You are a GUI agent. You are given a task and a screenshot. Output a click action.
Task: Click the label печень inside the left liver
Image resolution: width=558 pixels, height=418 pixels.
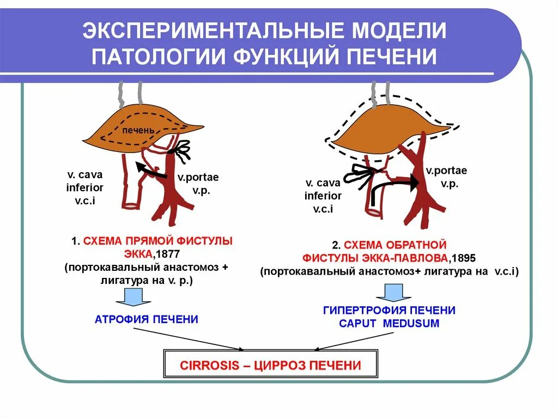coord(138,131)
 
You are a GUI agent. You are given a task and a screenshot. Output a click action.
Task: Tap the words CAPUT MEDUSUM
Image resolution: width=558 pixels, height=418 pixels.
coord(389,324)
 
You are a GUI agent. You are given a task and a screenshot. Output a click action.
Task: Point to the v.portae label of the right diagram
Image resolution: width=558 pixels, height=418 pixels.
coord(446,171)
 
